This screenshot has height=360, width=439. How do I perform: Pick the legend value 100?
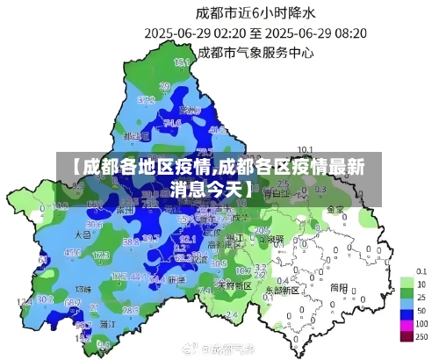(421, 325)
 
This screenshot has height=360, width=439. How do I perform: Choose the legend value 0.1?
(421, 272)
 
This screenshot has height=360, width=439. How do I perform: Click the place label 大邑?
(83, 235)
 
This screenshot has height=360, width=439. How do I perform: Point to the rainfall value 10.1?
(306, 148)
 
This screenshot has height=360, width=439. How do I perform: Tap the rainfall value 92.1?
(187, 238)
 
